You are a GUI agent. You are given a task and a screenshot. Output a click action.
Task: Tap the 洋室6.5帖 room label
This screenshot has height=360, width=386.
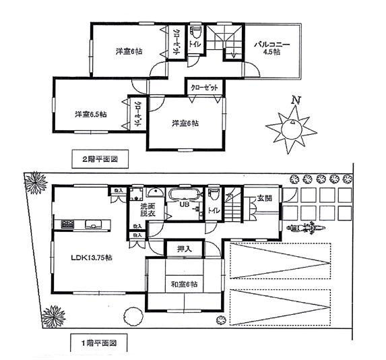[x=90, y=114]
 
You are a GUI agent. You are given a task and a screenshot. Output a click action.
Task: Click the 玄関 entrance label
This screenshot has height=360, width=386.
[x=263, y=198]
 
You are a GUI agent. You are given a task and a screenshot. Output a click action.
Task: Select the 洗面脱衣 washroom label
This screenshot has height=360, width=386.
[x=148, y=210]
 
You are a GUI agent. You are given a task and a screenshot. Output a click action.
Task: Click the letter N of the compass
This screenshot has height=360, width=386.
[x=294, y=101]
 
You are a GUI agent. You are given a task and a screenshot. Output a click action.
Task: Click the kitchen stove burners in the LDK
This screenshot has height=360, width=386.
[x=67, y=224]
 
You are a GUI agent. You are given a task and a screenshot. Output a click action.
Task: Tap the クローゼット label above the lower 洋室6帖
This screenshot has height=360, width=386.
[x=203, y=88]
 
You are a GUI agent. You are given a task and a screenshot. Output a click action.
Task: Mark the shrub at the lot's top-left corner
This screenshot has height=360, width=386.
[x=34, y=183]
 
